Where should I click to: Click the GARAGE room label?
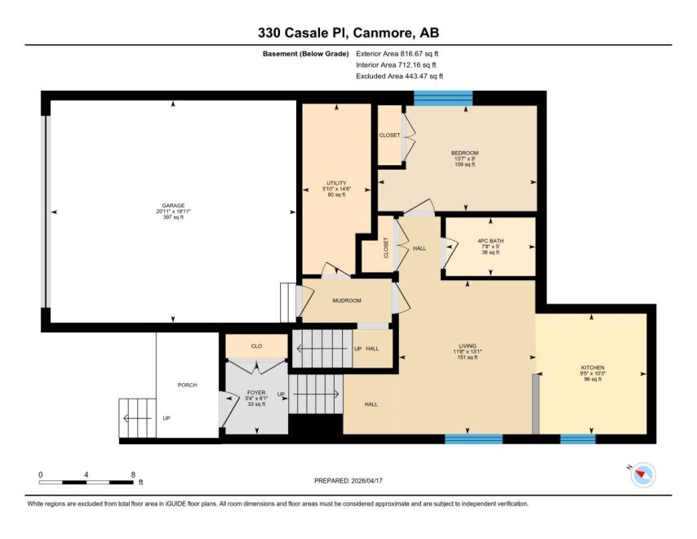point(173,206)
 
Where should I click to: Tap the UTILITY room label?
point(336,183)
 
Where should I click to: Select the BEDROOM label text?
point(464,153)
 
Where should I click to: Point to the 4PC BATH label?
point(491,241)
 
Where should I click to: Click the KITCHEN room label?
point(593,367)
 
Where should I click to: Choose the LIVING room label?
point(467,346)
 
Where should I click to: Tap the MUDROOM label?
point(347,301)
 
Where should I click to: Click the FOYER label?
point(256,393)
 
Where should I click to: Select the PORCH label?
point(187,385)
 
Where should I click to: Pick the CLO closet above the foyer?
point(256,346)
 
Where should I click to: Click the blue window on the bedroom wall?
point(443,98)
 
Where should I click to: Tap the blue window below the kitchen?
point(577,439)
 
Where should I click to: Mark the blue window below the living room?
point(473,439)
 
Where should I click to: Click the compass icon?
point(643,474)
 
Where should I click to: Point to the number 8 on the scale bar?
point(133,474)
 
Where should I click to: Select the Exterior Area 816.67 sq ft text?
point(397,54)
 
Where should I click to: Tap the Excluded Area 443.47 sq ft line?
point(399,76)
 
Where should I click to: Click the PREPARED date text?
point(348,481)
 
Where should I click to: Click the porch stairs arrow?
point(138,418)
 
